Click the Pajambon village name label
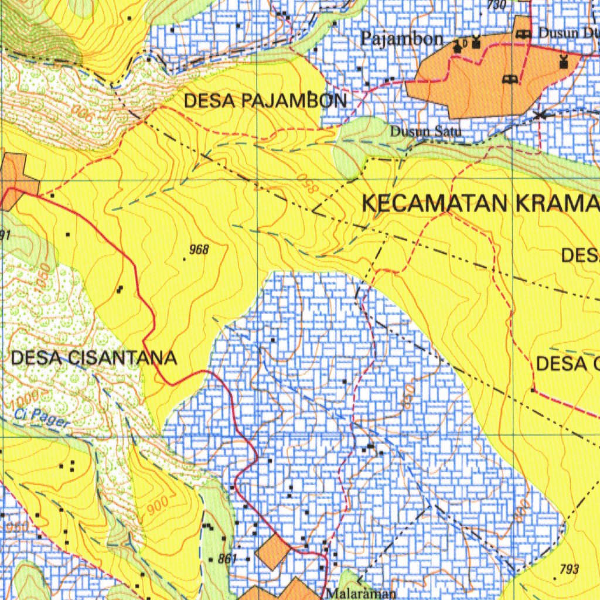coord(402,39)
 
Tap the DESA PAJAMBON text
coord(265,101)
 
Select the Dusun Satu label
coord(426,132)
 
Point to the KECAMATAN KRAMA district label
coord(480,203)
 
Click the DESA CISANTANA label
coord(94,358)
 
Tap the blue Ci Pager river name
coord(42,418)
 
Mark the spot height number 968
coord(199,250)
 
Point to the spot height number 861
coord(227,559)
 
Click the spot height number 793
coord(569,569)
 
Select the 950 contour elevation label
coord(16,527)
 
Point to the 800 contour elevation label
coord(521,511)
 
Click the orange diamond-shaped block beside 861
coord(273,551)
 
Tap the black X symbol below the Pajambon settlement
coord(538,115)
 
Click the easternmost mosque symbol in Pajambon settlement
coord(564,61)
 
